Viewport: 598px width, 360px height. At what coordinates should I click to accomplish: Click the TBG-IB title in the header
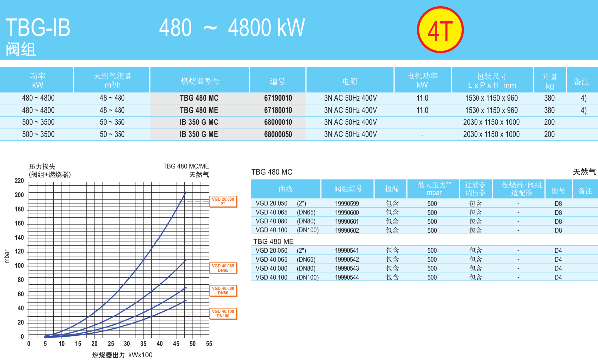point(38,28)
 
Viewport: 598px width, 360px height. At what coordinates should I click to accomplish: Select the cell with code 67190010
point(278,98)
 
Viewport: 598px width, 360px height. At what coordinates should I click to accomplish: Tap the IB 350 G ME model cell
point(199,134)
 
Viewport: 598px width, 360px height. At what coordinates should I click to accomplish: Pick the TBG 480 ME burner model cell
point(199,110)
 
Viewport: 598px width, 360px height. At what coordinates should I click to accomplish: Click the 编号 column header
point(278,81)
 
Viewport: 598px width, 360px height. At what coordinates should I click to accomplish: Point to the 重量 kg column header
point(550,81)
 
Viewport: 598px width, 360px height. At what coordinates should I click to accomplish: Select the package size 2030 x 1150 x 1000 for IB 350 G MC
point(491,122)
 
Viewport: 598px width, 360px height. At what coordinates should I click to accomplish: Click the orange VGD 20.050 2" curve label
point(223,201)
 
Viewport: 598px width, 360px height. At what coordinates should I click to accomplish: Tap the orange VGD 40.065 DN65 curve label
point(223,268)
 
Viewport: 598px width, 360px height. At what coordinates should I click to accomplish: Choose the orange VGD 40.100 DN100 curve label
point(223,314)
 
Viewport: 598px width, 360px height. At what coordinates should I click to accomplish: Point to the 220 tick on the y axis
point(19,180)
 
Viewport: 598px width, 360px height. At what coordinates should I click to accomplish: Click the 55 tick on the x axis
point(209,344)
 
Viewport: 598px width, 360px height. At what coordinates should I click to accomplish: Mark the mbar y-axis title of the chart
point(7,257)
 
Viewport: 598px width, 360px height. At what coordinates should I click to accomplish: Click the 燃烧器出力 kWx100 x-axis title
point(122,355)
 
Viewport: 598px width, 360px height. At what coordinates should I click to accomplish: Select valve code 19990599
point(347,203)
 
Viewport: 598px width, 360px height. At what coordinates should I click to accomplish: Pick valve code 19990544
point(347,278)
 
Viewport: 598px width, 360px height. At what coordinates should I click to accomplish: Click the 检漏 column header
point(392,189)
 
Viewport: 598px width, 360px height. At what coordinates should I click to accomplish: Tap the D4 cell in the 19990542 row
point(558,260)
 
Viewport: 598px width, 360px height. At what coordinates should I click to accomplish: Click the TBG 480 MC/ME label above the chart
point(186,166)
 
